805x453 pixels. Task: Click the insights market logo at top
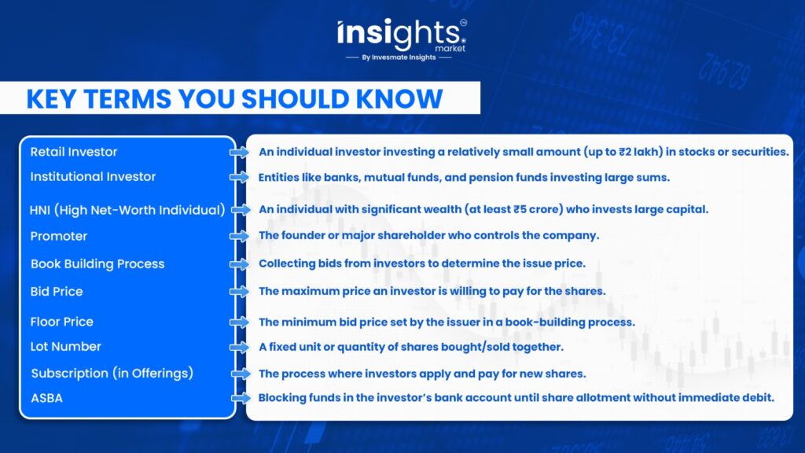(x=402, y=39)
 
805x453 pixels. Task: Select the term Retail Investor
(x=73, y=152)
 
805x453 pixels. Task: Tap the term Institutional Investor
(x=93, y=177)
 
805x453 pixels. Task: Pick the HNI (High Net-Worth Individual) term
(x=127, y=210)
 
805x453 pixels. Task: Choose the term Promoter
(x=58, y=236)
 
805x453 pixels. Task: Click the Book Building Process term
(x=97, y=264)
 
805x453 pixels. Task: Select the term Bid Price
(x=57, y=292)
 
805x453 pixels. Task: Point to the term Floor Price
(x=61, y=322)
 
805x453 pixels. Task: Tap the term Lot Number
(x=66, y=347)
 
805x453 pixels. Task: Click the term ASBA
(x=46, y=398)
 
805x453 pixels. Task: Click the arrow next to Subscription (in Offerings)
(x=241, y=374)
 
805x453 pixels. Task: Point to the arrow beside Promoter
(x=239, y=236)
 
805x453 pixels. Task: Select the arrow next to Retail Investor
(x=239, y=152)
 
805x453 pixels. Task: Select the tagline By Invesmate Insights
(x=399, y=57)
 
